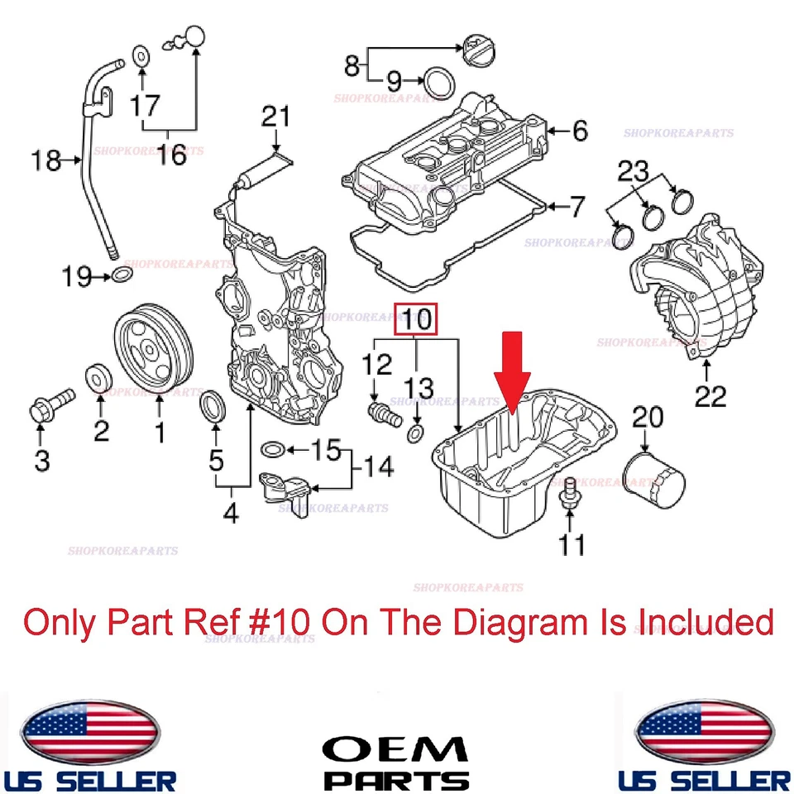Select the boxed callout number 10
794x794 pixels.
coord(417,319)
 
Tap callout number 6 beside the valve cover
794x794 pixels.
coord(579,130)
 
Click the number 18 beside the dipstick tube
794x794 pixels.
coord(48,160)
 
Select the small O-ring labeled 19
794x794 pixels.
coord(122,275)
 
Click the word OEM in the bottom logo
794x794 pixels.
coord(395,749)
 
